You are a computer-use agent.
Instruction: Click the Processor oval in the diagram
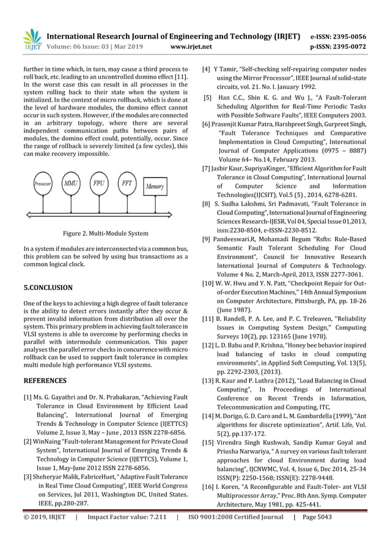click(x=43, y=183)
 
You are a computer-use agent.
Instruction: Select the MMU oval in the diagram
click(x=72, y=182)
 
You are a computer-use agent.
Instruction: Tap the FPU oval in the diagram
click(x=99, y=182)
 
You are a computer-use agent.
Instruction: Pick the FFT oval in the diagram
click(x=127, y=182)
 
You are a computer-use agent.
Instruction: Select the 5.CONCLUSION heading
click(x=48, y=287)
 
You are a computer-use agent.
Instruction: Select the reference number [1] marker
click(x=28, y=398)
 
